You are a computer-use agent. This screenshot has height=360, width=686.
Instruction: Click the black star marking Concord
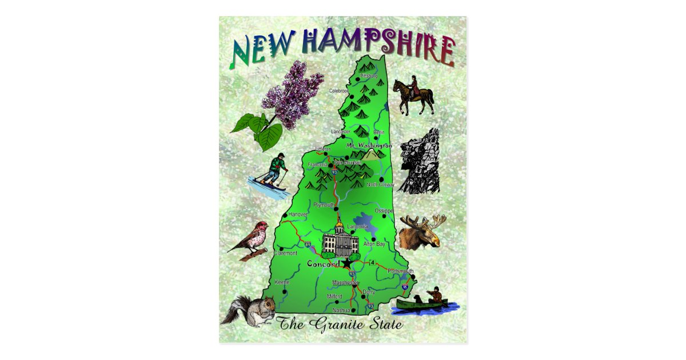click(x=347, y=263)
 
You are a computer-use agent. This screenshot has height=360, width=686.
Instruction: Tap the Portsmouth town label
click(x=400, y=270)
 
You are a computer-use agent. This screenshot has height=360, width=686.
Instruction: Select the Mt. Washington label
click(x=369, y=146)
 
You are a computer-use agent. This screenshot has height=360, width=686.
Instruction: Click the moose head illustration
click(x=422, y=231)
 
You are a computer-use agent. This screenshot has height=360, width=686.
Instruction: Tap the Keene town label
click(x=282, y=282)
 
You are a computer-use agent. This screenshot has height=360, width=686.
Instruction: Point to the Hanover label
click(x=298, y=214)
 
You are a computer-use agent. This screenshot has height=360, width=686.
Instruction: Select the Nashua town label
click(x=341, y=310)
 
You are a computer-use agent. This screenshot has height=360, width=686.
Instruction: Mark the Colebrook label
click(x=339, y=90)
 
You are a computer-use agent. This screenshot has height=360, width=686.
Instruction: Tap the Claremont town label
click(x=285, y=253)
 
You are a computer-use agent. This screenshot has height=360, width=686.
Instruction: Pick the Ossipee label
click(x=384, y=211)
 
